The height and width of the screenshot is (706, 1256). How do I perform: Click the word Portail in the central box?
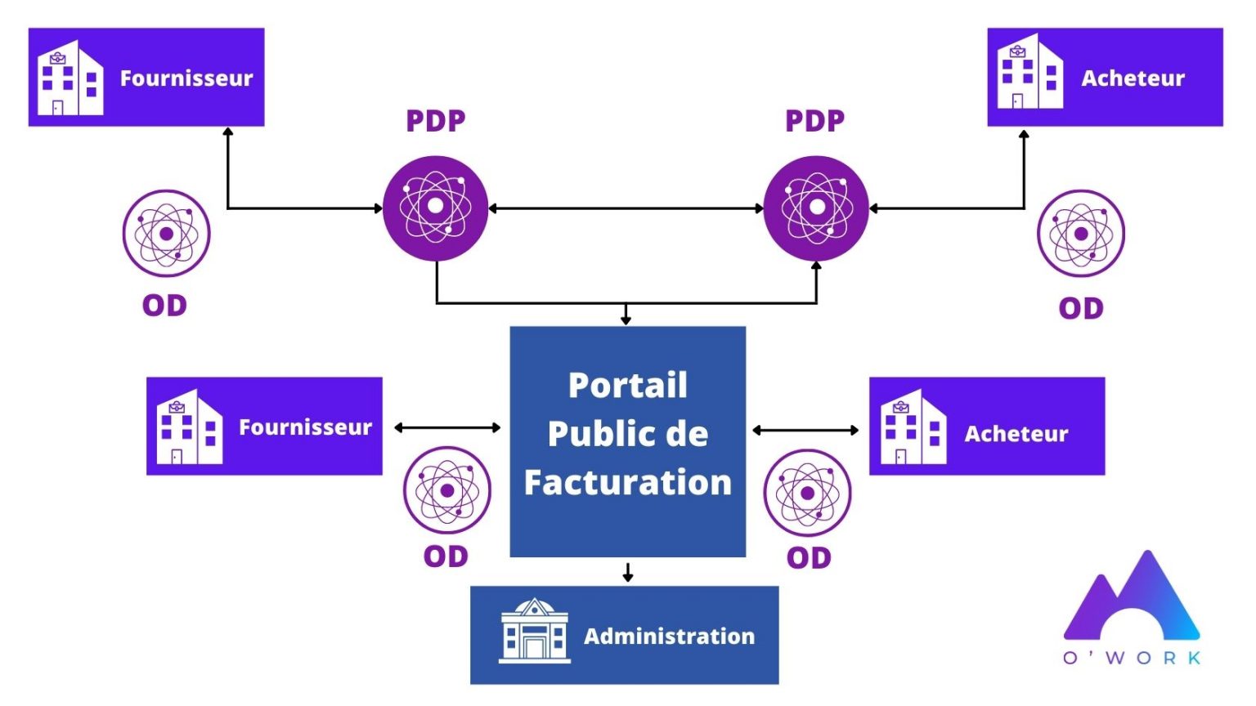pos(627,386)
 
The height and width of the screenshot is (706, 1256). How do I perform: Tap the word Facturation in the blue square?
pos(627,482)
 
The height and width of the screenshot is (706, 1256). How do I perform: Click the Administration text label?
pos(669,636)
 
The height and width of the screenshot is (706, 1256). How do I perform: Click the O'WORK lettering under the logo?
pos(1132,658)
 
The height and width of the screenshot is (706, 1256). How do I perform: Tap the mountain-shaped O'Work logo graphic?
pos(1132,597)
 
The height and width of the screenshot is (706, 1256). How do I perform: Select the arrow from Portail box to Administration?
pos(627,572)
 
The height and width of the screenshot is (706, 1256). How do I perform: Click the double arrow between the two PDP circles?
pos(626,208)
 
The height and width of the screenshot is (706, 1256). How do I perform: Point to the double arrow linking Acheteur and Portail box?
pos(805,430)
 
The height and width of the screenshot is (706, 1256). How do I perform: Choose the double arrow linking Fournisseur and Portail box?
pos(446,427)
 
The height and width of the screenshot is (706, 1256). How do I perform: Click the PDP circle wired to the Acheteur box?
pos(815,208)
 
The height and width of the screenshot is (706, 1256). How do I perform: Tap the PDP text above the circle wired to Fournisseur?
pos(436,121)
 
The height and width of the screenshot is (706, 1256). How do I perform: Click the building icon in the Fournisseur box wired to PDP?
pos(70,78)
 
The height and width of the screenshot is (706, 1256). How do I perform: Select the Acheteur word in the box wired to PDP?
pos(1133,78)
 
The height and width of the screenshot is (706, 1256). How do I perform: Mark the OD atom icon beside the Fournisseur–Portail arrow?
pos(446,490)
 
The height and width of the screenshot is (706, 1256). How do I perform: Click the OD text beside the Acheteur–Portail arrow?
pos(809,558)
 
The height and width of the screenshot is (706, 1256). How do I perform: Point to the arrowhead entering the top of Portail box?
pos(626,319)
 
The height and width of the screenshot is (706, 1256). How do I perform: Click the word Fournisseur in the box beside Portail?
pos(305,427)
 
